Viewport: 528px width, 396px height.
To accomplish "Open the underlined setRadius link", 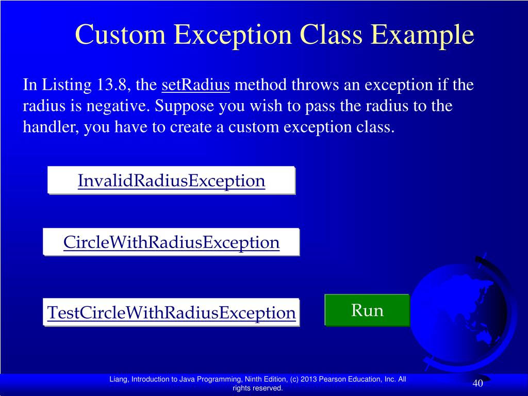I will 196,85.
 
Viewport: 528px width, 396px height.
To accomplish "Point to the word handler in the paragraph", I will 49,127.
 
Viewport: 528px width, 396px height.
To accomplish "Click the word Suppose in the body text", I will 186,106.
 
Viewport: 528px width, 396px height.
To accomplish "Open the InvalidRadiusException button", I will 171,180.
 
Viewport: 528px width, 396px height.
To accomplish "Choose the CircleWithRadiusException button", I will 171,242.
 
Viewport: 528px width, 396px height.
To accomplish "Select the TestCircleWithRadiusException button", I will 171,312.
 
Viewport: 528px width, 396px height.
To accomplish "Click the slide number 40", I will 477,384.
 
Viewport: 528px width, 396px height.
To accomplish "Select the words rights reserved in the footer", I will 258,388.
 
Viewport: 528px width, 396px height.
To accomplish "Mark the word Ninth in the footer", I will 255,379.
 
